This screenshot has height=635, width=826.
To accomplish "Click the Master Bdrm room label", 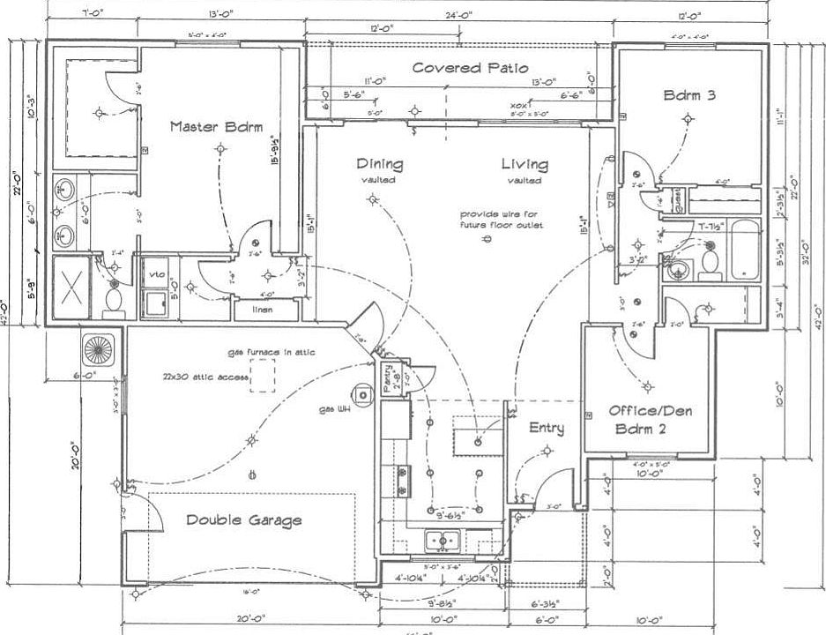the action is point(216,127).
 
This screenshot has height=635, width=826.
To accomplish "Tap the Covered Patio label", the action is point(470,68).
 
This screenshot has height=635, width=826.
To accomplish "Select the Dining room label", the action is point(380,164).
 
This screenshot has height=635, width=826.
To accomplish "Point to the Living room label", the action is point(525,164).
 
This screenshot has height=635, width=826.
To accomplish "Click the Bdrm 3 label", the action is point(689,95).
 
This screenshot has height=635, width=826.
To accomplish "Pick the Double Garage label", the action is point(243,520).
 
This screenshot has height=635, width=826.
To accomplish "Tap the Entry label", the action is point(546,429).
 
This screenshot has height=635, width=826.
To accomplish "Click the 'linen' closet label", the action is point(262,310).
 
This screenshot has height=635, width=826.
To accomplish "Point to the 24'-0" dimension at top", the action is point(459,15).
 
